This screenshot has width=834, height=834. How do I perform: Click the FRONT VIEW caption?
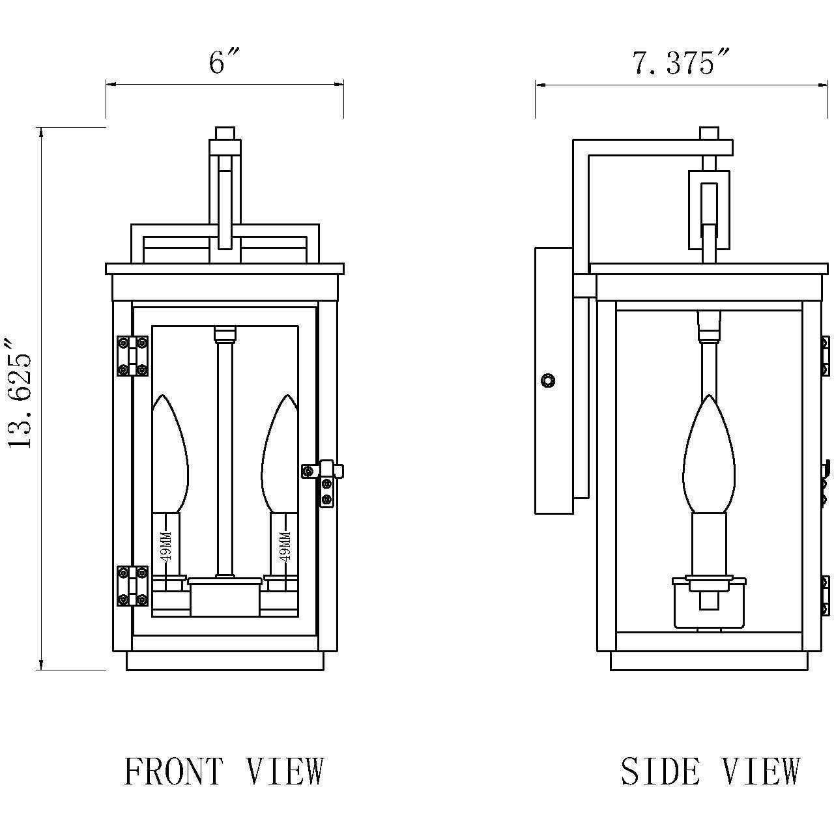tap(223, 772)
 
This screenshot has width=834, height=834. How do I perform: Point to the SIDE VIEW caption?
tap(710, 772)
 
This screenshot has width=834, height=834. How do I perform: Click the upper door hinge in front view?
tap(132, 356)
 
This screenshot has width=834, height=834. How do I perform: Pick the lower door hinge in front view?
tap(132, 585)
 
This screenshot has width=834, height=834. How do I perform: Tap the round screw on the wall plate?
tap(549, 380)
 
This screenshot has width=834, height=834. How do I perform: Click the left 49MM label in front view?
tap(165, 545)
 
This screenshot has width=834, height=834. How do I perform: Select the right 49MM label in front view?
tap(284, 545)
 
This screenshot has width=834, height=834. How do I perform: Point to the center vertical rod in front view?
tap(225, 456)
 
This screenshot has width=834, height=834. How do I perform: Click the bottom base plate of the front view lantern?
tap(225, 661)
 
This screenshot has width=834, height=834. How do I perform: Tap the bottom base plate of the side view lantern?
tap(709, 661)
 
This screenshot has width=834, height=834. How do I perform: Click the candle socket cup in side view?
tap(709, 603)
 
